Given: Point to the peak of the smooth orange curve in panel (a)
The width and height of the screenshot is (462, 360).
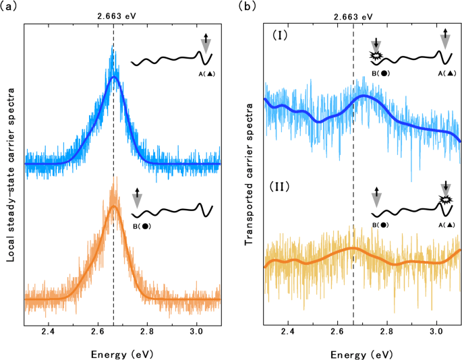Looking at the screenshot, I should tap(113, 206).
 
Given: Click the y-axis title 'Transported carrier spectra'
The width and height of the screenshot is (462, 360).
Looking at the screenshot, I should tap(248, 165).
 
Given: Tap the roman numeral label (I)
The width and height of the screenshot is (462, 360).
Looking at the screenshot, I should tap(279, 33).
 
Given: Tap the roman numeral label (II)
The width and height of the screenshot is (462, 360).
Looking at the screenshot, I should tap(280, 184).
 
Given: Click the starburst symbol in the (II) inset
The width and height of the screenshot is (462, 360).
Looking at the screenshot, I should tap(444, 200).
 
